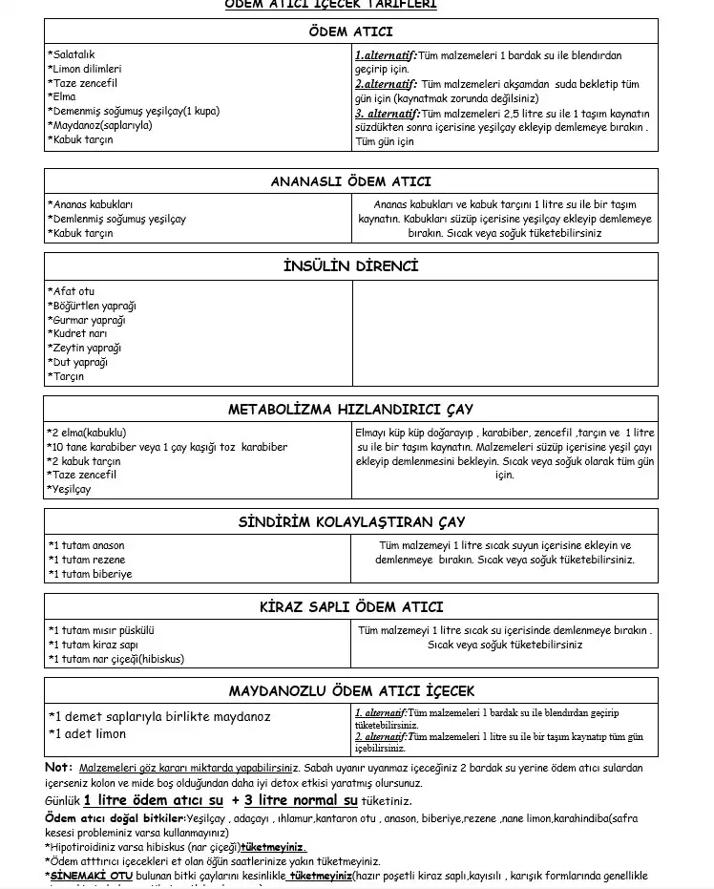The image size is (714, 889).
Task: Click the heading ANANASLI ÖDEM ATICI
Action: (x=350, y=181)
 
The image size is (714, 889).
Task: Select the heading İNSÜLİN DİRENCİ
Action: (x=350, y=265)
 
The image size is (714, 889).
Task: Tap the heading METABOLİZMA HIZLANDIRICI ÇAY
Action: (x=350, y=409)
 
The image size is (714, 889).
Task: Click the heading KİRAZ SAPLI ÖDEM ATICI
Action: (x=350, y=606)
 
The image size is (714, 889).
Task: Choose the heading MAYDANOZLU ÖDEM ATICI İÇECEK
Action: (x=350, y=690)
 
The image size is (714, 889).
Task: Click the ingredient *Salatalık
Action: (x=72, y=54)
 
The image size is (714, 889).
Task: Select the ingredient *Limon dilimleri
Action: (x=85, y=69)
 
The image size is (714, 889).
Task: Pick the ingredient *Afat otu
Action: (x=72, y=291)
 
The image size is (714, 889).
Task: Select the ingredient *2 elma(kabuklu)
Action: (x=87, y=433)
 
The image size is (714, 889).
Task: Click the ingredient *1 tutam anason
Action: (x=87, y=545)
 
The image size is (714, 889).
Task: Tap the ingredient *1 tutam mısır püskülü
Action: (x=102, y=630)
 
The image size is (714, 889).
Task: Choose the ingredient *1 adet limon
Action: (x=88, y=733)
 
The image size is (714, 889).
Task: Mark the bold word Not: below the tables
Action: (x=58, y=767)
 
